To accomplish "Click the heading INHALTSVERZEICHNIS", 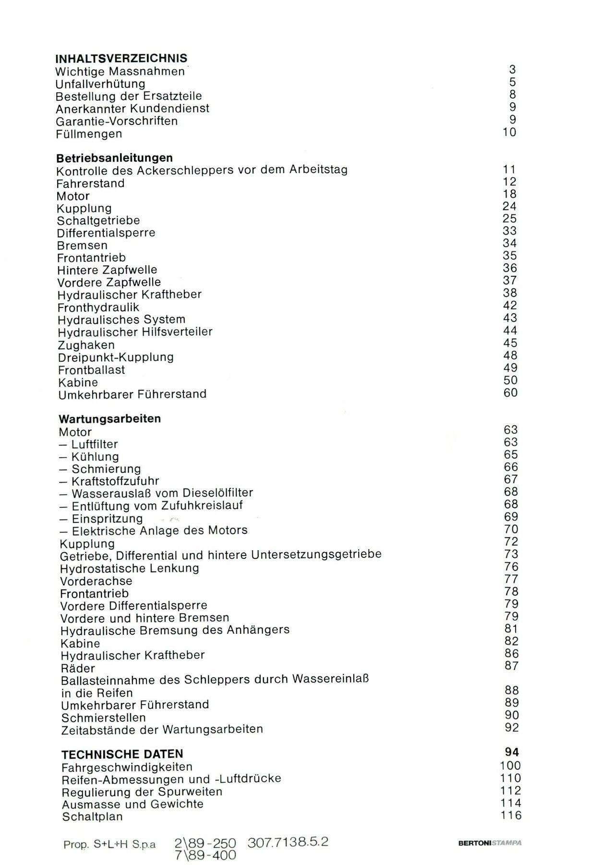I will [121, 59].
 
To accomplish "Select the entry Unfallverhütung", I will [100, 84].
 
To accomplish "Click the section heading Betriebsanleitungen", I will [114, 158].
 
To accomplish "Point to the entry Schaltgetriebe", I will [98, 221].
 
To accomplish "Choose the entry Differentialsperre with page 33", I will [106, 233].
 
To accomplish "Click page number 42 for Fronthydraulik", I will [509, 306].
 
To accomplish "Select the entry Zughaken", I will [86, 345].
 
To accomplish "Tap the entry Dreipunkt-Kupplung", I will [116, 358].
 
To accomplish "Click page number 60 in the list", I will [510, 393].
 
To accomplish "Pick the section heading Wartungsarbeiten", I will [109, 419].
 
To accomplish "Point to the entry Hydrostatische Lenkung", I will [129, 568].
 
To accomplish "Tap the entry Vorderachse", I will [96, 581].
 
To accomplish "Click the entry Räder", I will [78, 668].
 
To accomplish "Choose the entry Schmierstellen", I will [103, 718].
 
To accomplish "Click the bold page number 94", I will [511, 753].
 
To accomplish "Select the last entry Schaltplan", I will [92, 816].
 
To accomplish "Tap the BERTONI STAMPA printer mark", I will [489, 843].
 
